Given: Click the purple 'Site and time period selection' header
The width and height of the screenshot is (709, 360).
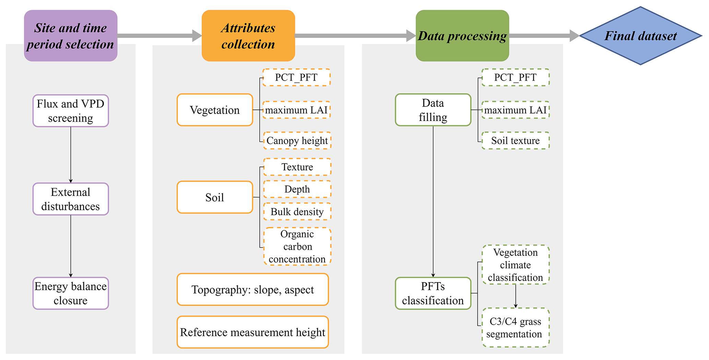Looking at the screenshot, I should [71, 36].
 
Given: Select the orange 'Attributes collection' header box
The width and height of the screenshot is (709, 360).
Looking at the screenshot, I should [248, 36].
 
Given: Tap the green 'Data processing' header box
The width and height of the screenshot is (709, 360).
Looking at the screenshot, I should [462, 36].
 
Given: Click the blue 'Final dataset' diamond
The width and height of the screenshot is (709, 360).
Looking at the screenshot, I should [640, 36].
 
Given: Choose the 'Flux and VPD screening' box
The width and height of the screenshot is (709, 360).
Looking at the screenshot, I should [71, 111].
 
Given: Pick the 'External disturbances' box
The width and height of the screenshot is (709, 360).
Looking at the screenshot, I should [71, 199].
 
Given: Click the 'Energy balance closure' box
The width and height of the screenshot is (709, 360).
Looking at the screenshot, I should [71, 293].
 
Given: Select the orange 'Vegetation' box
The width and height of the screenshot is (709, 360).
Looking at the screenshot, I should [215, 110].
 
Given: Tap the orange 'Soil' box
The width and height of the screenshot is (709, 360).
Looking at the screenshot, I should [215, 197].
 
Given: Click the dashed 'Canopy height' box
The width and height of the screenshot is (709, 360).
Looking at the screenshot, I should [297, 141].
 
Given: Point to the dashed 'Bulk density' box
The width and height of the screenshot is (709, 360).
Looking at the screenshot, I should [297, 212].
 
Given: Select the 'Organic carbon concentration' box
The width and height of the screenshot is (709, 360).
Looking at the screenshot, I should [297, 246].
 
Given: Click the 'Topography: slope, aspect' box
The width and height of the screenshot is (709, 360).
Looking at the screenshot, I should [252, 289].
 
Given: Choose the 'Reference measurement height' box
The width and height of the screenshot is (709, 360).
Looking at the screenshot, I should [252, 332].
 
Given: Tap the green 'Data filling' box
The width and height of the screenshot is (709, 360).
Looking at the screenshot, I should [433, 110].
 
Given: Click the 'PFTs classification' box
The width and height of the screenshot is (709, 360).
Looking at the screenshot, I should [433, 293].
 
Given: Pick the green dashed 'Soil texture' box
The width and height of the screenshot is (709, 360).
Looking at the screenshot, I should [515, 141].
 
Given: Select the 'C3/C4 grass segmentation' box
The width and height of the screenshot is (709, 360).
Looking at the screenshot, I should [515, 327].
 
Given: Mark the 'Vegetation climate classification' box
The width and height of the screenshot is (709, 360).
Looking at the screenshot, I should [515, 265].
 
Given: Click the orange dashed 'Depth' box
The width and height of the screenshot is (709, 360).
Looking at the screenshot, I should [297, 189].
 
